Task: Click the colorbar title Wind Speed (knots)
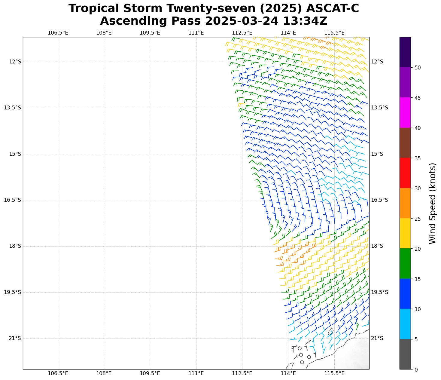[432, 203]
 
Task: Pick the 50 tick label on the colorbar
[417, 68]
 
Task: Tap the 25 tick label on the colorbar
[417, 219]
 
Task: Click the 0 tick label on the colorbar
[416, 369]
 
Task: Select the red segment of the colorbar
[405, 173]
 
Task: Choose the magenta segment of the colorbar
[405, 112]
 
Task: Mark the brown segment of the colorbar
[405, 143]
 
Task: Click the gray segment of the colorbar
[405, 354]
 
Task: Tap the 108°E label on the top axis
[104, 33]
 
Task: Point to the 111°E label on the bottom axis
[196, 373]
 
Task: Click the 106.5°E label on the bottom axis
[58, 373]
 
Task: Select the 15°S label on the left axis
[15, 154]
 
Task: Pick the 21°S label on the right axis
[377, 339]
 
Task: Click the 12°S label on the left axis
[15, 62]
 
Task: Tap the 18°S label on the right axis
[377, 246]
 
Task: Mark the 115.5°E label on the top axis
[334, 33]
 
